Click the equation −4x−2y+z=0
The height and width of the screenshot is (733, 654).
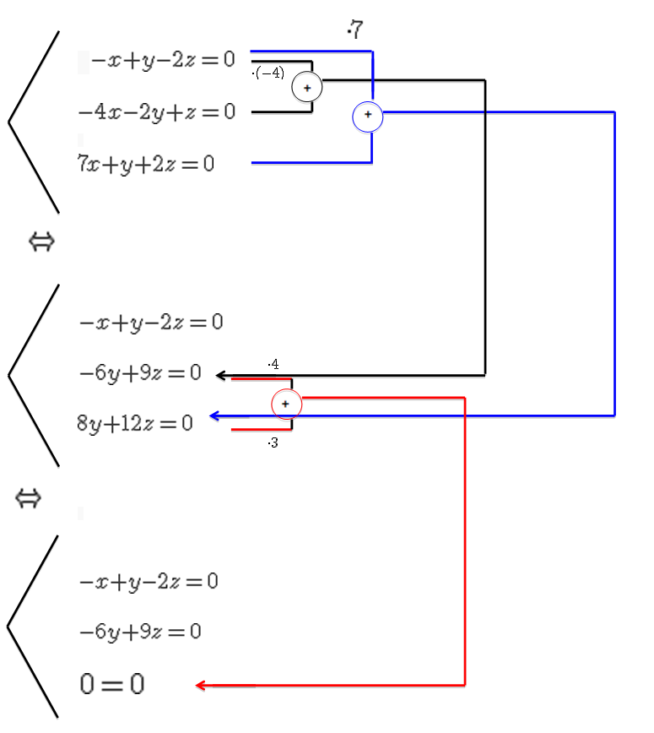(157, 111)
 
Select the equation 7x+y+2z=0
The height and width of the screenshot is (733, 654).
(145, 164)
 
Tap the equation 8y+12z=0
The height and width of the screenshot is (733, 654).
(135, 423)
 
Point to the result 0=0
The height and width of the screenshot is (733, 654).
(112, 684)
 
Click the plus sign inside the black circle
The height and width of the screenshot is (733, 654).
(307, 88)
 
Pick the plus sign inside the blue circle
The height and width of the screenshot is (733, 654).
(368, 114)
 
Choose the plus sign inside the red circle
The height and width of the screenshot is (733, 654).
(286, 405)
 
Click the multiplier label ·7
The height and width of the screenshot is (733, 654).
(354, 31)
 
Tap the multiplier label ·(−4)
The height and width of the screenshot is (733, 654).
(268, 73)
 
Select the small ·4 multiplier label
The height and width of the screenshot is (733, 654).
(273, 365)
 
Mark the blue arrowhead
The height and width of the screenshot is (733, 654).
(214, 415)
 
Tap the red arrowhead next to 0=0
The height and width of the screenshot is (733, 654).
(201, 685)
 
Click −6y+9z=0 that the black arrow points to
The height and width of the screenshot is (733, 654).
(140, 372)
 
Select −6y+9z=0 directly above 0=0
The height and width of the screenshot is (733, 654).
(140, 632)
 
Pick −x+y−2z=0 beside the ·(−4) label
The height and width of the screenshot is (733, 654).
(163, 60)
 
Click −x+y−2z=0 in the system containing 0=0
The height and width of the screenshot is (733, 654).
(149, 582)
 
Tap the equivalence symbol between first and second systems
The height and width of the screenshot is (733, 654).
(41, 242)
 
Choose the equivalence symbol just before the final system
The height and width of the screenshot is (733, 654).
(29, 499)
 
